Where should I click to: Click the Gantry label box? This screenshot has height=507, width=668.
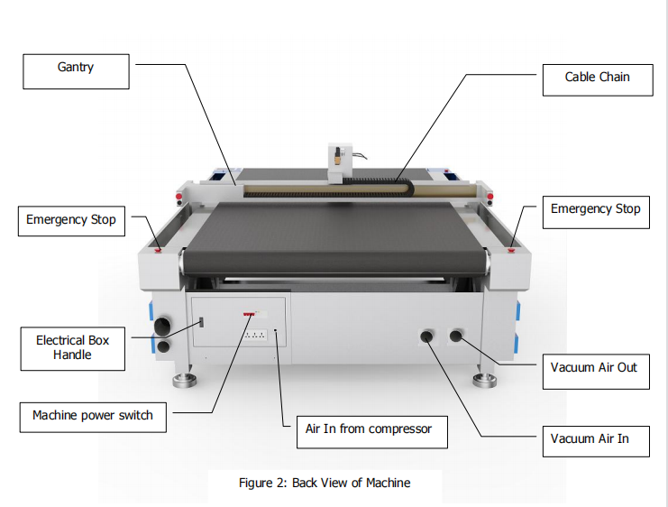point(76,71)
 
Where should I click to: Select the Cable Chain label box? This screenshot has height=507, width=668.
point(598,80)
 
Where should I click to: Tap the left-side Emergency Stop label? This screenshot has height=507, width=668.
point(71,221)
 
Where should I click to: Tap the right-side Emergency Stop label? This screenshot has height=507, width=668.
point(596,212)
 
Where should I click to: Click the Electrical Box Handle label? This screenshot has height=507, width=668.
point(72,348)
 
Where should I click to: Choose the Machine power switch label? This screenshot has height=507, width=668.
point(93,417)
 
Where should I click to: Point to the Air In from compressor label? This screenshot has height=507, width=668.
point(372,432)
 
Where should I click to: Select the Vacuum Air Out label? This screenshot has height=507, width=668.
point(596,371)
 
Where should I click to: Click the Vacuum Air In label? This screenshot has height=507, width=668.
point(596,441)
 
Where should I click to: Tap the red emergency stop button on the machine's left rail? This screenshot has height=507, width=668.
point(158,250)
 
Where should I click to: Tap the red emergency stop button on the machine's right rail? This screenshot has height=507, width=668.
point(511,250)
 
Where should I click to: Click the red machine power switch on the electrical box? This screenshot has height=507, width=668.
point(249,314)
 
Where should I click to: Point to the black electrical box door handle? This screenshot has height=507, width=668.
point(202,322)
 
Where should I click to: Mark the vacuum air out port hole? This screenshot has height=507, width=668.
point(456,336)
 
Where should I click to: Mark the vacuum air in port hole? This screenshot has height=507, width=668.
point(426,336)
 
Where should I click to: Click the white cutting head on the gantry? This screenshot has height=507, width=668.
point(340,163)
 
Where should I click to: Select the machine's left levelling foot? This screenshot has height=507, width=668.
point(185,380)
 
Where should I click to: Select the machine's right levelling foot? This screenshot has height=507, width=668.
point(484,380)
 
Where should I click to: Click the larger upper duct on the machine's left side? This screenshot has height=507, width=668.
point(162,327)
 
